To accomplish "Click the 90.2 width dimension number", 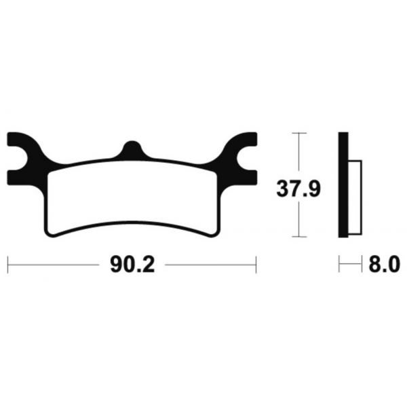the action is coord(132,265).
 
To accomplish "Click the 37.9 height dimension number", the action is coord(298,189).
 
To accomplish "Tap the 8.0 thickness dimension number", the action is coord(385,265).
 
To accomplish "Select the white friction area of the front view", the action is coord(132,197).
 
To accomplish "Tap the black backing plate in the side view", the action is coord(343,185).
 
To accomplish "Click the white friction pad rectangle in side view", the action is coord(355,197).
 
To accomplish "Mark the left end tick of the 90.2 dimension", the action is coord(7,265).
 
